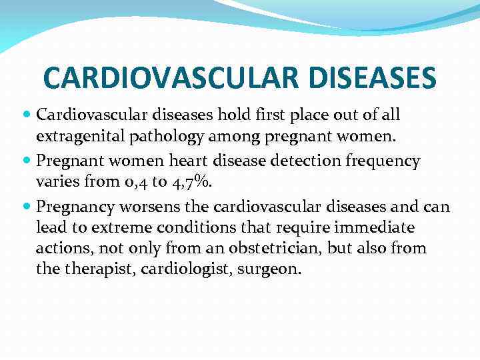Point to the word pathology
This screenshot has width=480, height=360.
point(157,138)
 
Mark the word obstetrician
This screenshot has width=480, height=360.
point(264,249)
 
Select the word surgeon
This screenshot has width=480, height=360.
point(273,271)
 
